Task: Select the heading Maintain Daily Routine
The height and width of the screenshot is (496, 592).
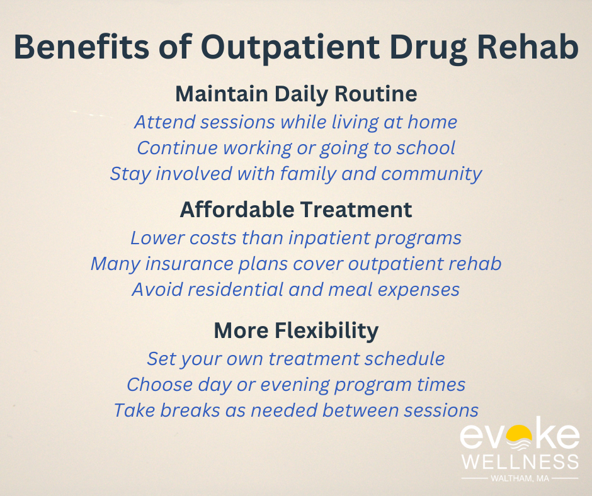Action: [x=296, y=94]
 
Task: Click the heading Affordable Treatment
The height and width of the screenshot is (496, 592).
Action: [x=296, y=210]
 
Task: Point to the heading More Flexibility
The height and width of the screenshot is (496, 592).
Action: [x=296, y=330]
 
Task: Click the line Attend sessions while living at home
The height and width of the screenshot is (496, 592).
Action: [x=296, y=121]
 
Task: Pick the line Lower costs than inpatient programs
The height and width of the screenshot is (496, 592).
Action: [x=296, y=238]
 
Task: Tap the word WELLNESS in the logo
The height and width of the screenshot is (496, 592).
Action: [x=519, y=461]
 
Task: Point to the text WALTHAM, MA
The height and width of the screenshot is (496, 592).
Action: [x=519, y=479]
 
